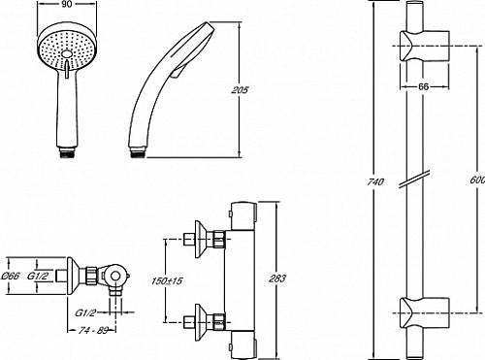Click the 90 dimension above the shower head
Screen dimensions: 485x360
click(67, 5)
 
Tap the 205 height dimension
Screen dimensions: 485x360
click(240, 89)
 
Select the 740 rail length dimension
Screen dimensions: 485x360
click(375, 181)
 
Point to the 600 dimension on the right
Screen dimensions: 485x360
click(477, 180)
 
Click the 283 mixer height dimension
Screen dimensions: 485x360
click(277, 278)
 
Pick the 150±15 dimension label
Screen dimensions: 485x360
click(167, 280)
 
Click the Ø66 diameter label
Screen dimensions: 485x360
click(11, 276)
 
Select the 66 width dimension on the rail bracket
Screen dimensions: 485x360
click(424, 86)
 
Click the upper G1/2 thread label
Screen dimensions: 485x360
click(38, 276)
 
